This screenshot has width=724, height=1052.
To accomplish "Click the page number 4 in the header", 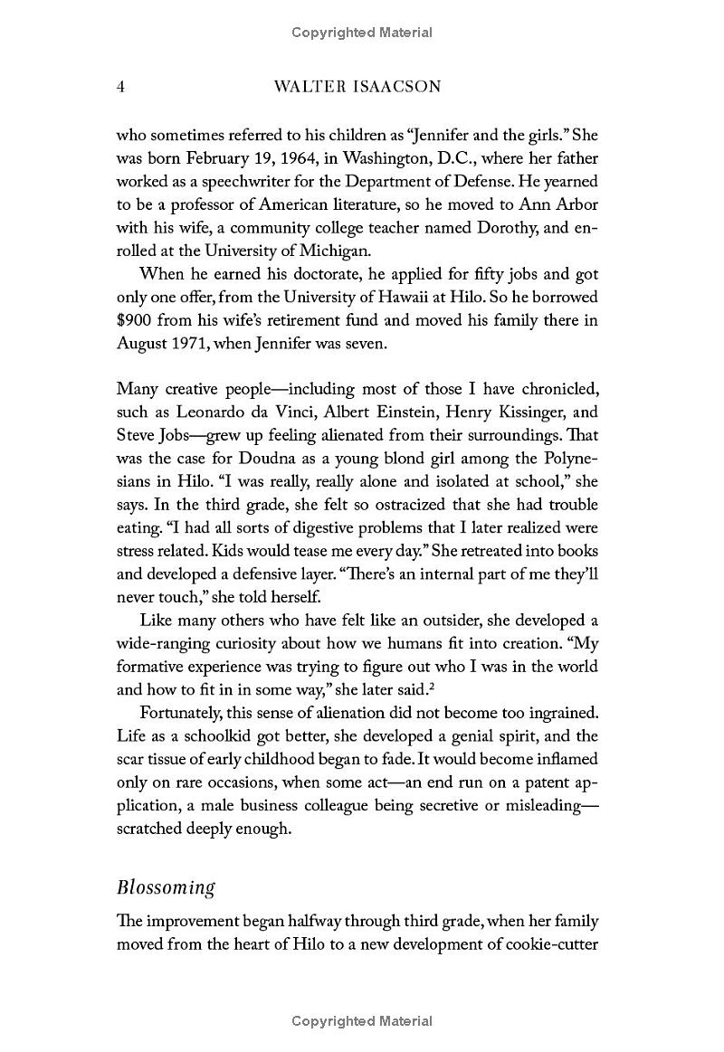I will point(120,87).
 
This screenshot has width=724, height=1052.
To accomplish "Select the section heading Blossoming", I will point(166,886).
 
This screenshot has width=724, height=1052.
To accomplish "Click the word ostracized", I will point(373,505).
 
